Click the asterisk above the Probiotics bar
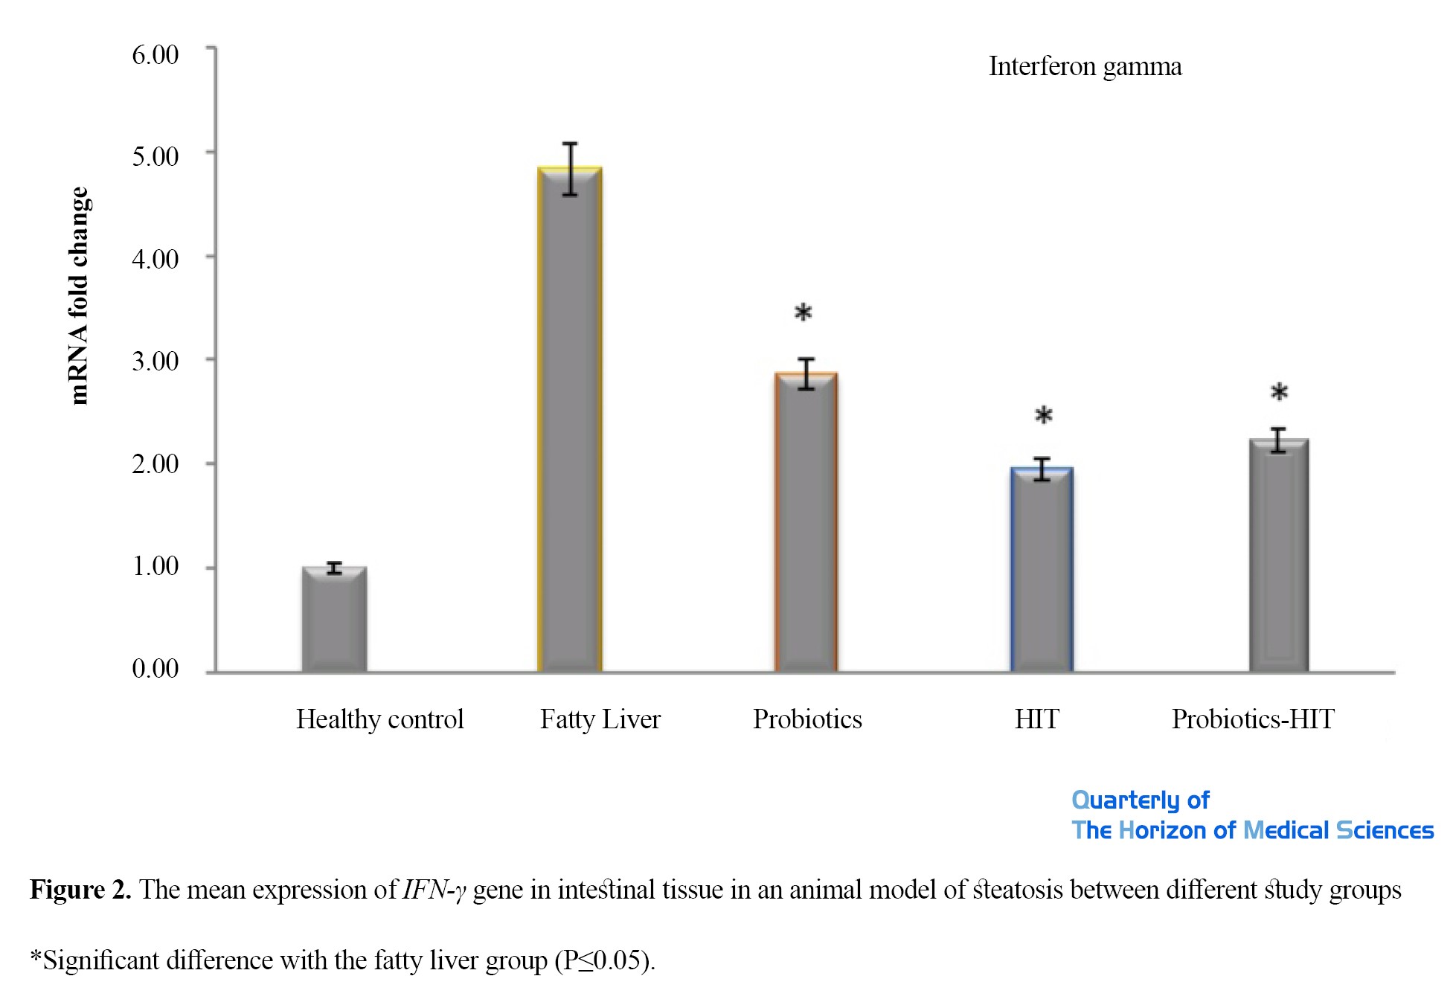point(804,313)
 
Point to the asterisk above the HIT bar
point(1044,416)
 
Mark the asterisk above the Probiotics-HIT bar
point(1279,393)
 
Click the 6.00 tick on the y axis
point(155,55)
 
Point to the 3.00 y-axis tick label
point(155,362)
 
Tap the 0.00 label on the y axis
point(155,668)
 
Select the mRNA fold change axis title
point(79,295)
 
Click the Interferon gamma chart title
point(1085,67)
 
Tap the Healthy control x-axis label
point(379,719)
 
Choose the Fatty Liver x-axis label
point(600,719)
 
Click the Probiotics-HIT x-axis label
point(1253,719)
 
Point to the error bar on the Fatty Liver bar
point(570,169)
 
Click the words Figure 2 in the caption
point(80,890)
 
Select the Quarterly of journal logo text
point(1140,800)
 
